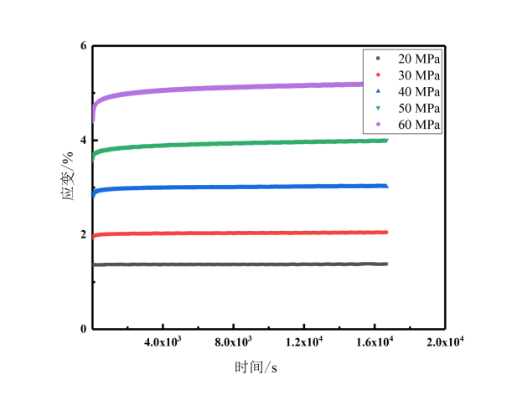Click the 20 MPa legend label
pos(418,59)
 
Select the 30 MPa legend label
pos(418,75)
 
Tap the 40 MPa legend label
pos(418,91)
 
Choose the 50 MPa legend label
pos(418,108)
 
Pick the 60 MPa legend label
pos(418,124)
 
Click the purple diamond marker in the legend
pos(378,124)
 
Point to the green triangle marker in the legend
pos(378,108)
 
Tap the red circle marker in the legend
pos(378,75)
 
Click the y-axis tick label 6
pos(83,45)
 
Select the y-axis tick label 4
pos(83,140)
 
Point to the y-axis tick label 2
pos(83,234)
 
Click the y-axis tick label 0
pos(83,329)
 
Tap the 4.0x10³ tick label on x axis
pos(163,342)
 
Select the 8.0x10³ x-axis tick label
pos(234,342)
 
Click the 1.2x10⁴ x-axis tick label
pos(304,342)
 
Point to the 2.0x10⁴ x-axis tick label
pos(445,342)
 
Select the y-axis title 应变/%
pos(71,187)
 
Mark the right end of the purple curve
pos(386,84)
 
